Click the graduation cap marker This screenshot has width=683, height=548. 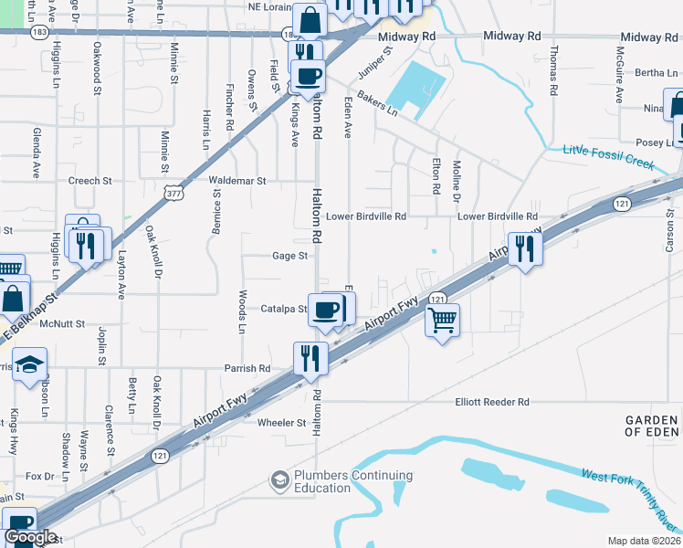coord(29,365)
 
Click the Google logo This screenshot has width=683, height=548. coord(30,537)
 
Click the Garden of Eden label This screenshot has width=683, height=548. coord(652,426)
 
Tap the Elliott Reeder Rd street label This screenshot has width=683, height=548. coord(492,402)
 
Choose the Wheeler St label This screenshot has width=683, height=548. coord(281,423)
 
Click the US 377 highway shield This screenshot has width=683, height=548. coord(174,193)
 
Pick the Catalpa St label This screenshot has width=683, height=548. coord(284,309)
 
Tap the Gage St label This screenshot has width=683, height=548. coord(289,256)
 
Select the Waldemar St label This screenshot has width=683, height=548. coord(236,181)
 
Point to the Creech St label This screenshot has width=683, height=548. coord(89,181)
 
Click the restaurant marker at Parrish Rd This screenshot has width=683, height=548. coord(310,359)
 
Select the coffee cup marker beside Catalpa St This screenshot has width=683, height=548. coord(327,311)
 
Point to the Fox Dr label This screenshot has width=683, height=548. coord(40,477)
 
